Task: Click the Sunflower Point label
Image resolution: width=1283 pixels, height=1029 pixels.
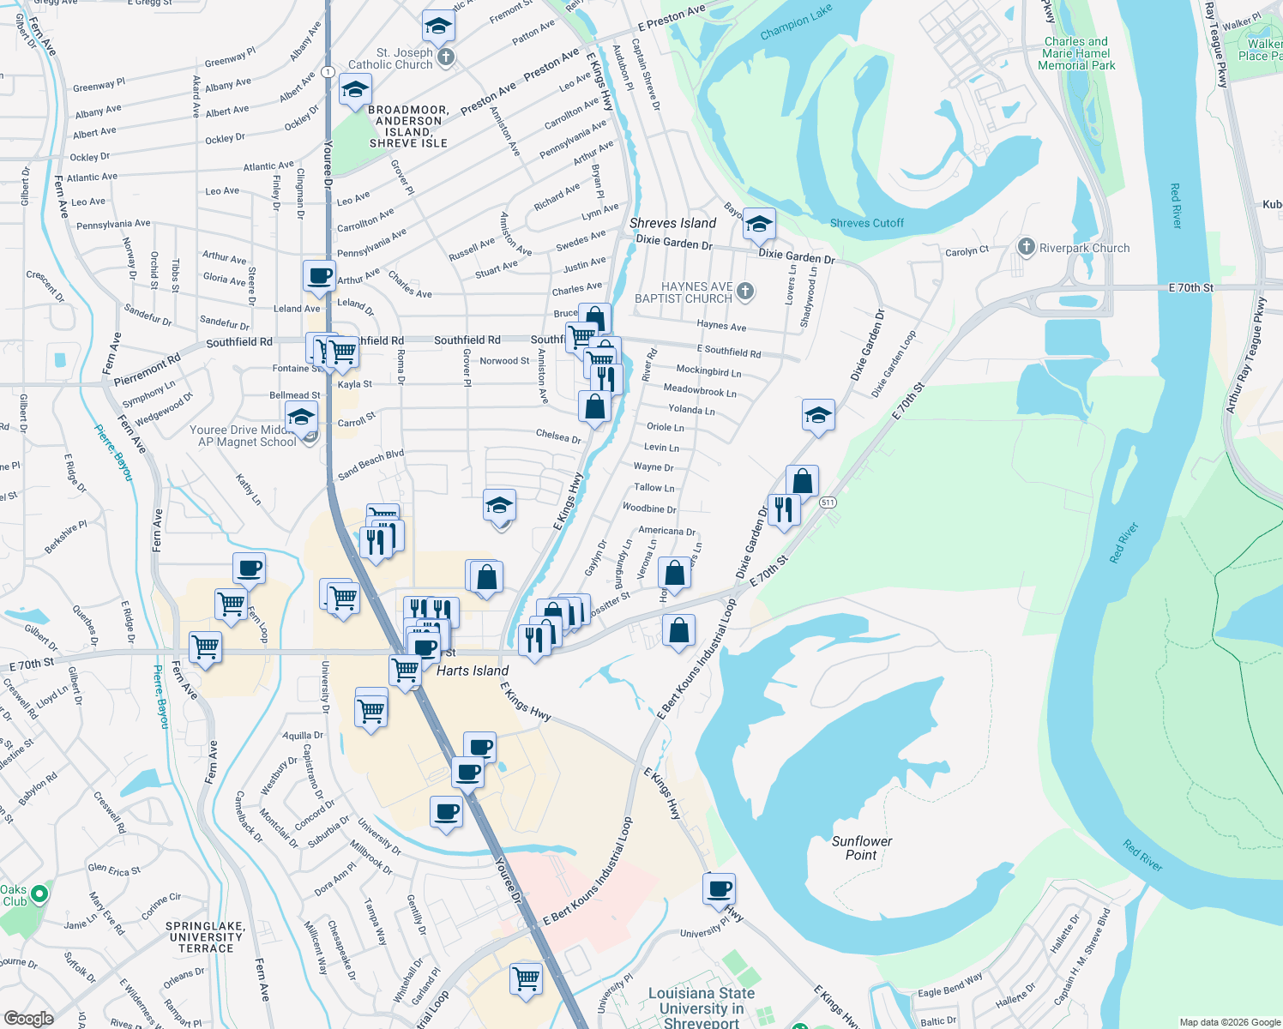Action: click(861, 848)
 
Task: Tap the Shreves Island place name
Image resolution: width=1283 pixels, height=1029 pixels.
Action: click(672, 223)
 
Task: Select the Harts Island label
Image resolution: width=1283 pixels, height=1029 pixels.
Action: click(473, 671)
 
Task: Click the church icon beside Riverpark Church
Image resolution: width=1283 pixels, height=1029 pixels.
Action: click(1026, 247)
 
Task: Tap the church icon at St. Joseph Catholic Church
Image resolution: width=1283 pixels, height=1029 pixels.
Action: click(445, 57)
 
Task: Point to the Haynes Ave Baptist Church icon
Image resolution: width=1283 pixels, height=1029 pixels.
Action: click(745, 292)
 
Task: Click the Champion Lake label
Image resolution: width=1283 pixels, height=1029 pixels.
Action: click(796, 22)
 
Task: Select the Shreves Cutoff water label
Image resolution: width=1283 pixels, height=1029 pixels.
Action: click(866, 223)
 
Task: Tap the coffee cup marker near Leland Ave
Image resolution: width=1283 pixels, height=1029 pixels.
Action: click(319, 276)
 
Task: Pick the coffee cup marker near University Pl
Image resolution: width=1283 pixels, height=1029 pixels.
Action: click(720, 888)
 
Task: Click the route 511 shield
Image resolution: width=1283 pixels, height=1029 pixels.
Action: click(827, 502)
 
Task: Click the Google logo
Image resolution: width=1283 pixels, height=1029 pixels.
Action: click(28, 1018)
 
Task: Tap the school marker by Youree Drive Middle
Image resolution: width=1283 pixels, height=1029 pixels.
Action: click(300, 418)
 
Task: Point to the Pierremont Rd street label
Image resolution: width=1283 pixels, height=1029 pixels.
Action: click(147, 370)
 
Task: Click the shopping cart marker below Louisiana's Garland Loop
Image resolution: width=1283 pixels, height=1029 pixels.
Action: click(526, 978)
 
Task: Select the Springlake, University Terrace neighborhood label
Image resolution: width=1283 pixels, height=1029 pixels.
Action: click(206, 937)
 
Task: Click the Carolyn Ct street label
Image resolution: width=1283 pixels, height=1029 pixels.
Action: click(967, 251)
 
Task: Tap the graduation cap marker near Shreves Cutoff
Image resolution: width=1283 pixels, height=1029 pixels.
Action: click(758, 225)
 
